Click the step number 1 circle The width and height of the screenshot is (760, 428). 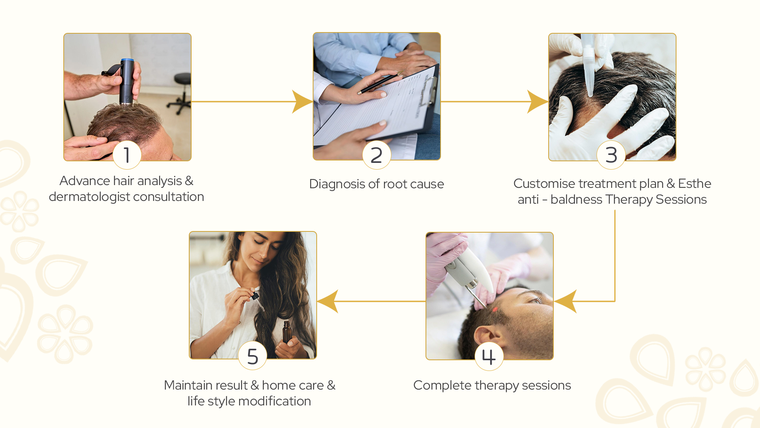127,155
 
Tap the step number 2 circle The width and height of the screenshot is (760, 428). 376,155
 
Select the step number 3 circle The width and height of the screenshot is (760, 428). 611,155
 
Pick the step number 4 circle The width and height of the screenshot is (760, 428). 489,356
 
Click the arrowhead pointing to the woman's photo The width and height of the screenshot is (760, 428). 328,302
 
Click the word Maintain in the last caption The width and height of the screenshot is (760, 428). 192,385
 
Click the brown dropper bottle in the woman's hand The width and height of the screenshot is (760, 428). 287,332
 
